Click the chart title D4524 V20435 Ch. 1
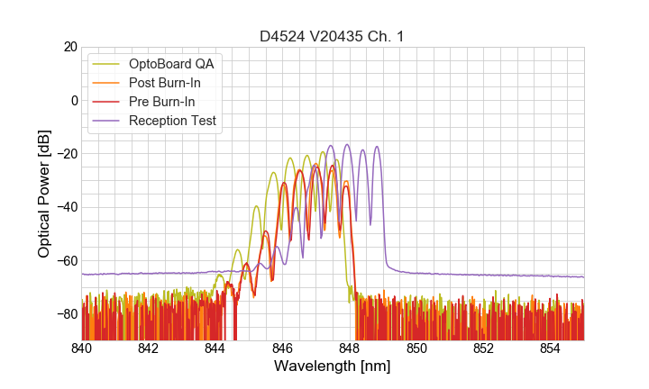(x=333, y=36)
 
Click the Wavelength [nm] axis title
(x=333, y=367)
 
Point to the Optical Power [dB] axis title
(x=44, y=194)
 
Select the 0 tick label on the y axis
(x=74, y=100)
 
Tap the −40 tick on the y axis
(x=68, y=207)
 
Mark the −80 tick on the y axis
(x=68, y=313)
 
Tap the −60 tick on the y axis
(x=68, y=260)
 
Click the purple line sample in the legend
(x=107, y=121)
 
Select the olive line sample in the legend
(x=107, y=64)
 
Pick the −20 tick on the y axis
(x=68, y=153)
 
